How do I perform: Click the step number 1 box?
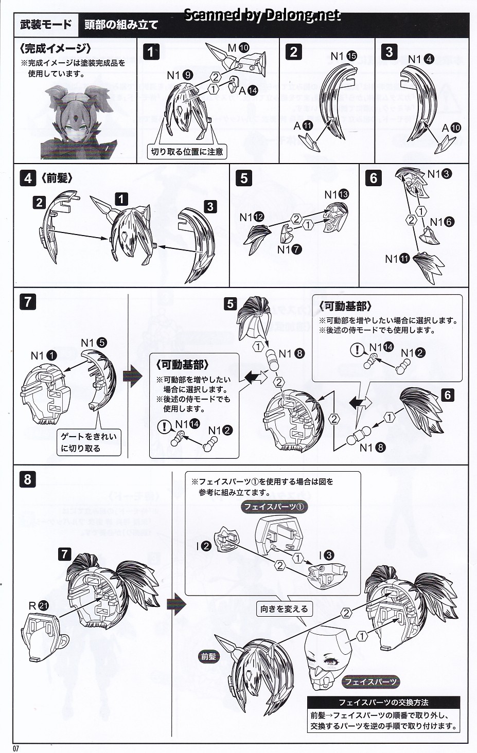pyautogui.click(x=150, y=51)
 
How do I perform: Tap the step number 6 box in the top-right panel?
pyautogui.click(x=374, y=178)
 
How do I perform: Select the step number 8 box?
pyautogui.click(x=27, y=480)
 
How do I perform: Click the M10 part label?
pyautogui.click(x=238, y=48)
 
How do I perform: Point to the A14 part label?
pyautogui.click(x=248, y=91)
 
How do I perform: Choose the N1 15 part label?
pyautogui.click(x=343, y=56)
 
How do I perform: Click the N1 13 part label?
pyautogui.click(x=337, y=194)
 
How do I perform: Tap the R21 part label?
pyautogui.click(x=38, y=606)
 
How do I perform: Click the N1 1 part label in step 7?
pyautogui.click(x=44, y=355)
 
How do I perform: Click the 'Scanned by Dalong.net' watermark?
pyautogui.click(x=262, y=15)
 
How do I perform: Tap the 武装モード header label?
pyautogui.click(x=46, y=25)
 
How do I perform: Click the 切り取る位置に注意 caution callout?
pyautogui.click(x=187, y=152)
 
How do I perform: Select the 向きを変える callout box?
pyautogui.click(x=284, y=608)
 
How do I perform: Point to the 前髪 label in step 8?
pyautogui.click(x=208, y=656)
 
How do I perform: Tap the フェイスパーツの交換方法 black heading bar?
pyautogui.click(x=383, y=702)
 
